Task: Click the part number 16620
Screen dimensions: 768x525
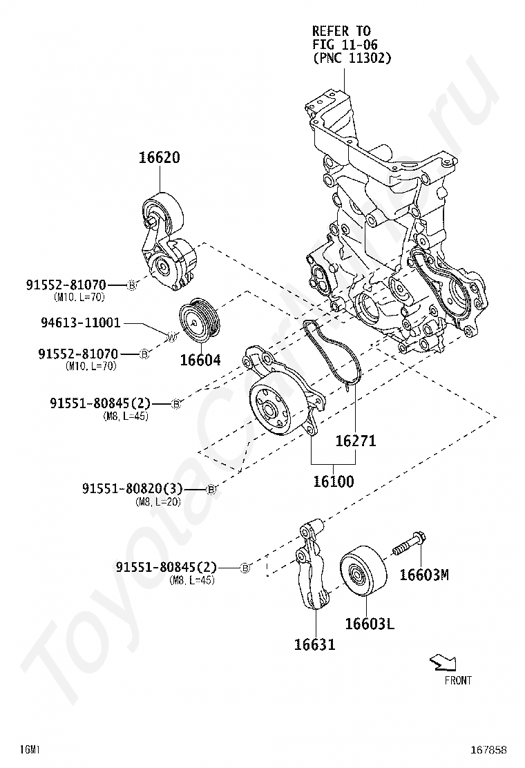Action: pyautogui.click(x=159, y=157)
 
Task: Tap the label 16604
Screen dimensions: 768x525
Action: pyautogui.click(x=200, y=360)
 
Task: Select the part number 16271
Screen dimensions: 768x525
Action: pyautogui.click(x=356, y=441)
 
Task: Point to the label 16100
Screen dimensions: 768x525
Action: pyautogui.click(x=333, y=481)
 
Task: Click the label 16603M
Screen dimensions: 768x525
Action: pyautogui.click(x=424, y=574)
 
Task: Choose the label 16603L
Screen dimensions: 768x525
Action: pyautogui.click(x=370, y=624)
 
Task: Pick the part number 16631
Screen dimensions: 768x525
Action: pyautogui.click(x=314, y=645)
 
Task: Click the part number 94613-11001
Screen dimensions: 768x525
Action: pyautogui.click(x=80, y=323)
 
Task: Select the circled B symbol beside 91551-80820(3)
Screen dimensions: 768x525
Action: pyautogui.click(x=212, y=490)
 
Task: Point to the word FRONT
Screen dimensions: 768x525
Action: pyautogui.click(x=458, y=680)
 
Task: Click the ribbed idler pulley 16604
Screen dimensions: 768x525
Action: pyautogui.click(x=199, y=321)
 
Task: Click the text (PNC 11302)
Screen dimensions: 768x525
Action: pyautogui.click(x=352, y=59)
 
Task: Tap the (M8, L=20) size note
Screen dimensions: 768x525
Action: pyautogui.click(x=157, y=502)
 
